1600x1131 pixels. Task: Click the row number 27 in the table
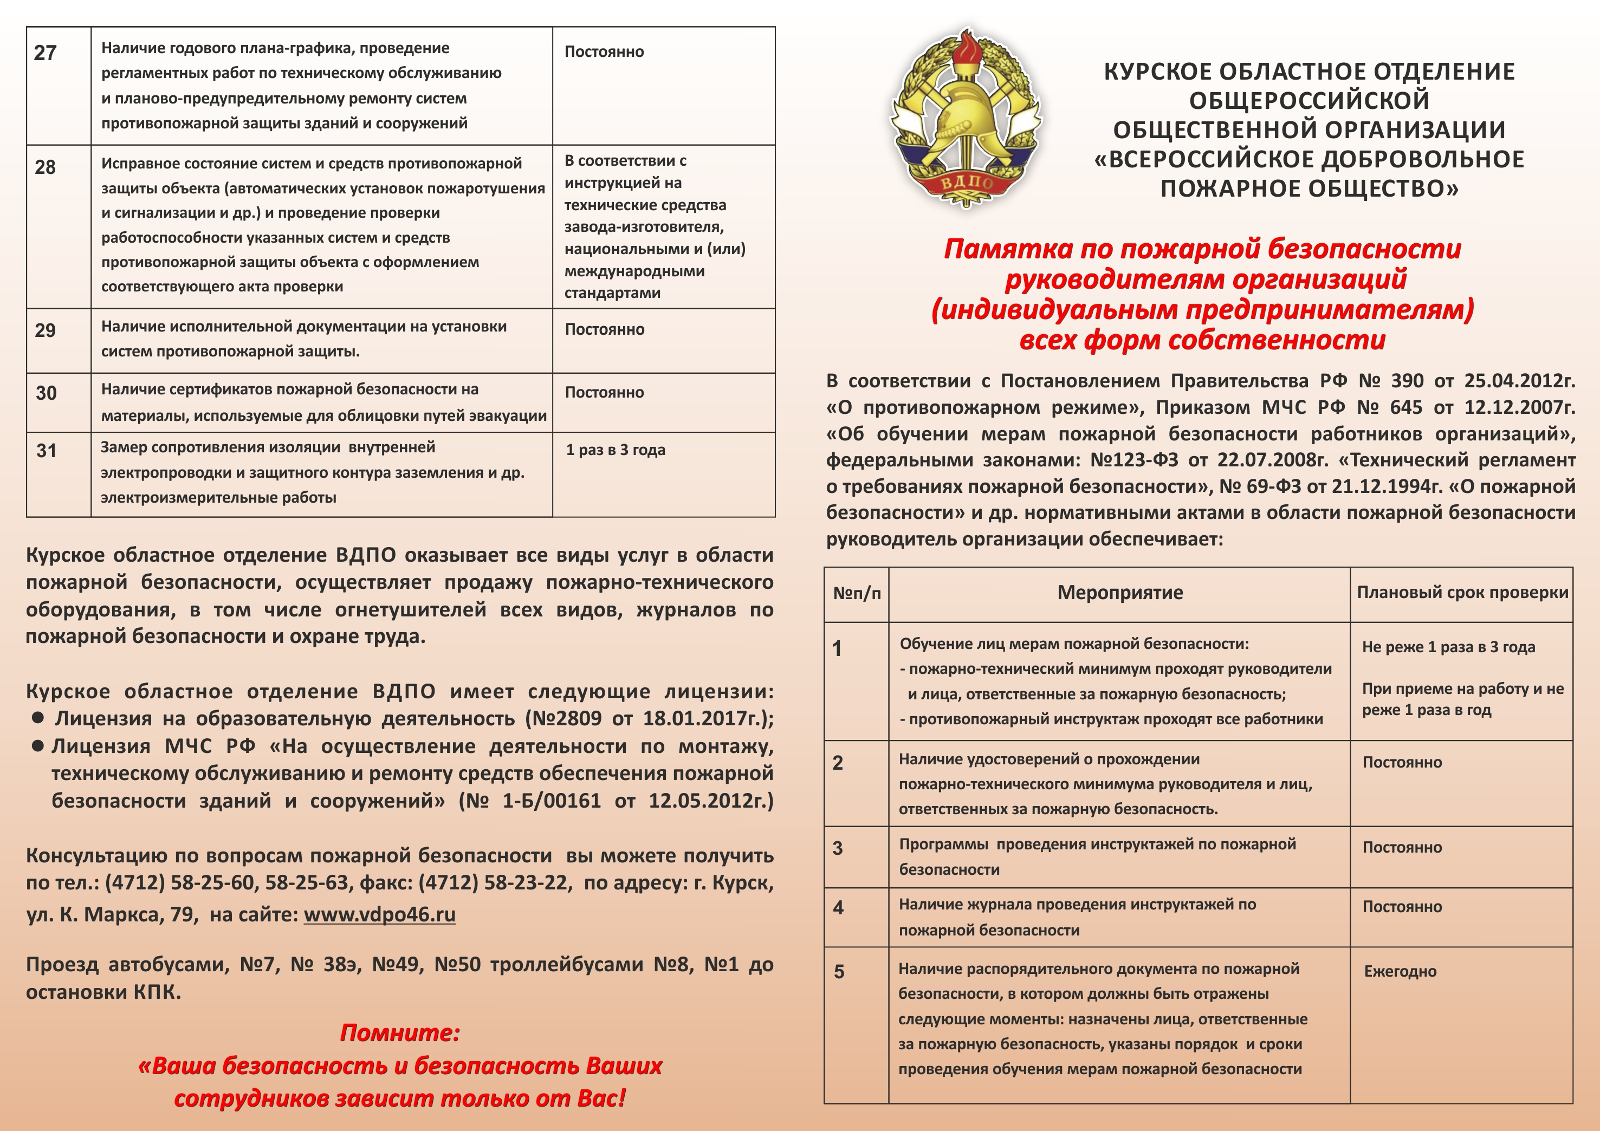(46, 53)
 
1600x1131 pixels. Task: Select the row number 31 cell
(46, 451)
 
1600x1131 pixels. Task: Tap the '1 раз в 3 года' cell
(616, 450)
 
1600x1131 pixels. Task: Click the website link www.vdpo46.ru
(379, 914)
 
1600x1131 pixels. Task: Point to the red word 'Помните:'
(400, 1033)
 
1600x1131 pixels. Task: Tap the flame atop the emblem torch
(967, 49)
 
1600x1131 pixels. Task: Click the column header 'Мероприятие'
(1120, 593)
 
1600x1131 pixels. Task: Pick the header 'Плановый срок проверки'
(1462, 593)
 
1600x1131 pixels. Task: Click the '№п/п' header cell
(857, 594)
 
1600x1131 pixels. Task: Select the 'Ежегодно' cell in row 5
(1400, 971)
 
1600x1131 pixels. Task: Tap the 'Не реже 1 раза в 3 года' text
(1448, 647)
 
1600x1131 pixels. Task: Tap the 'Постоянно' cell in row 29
(604, 330)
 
